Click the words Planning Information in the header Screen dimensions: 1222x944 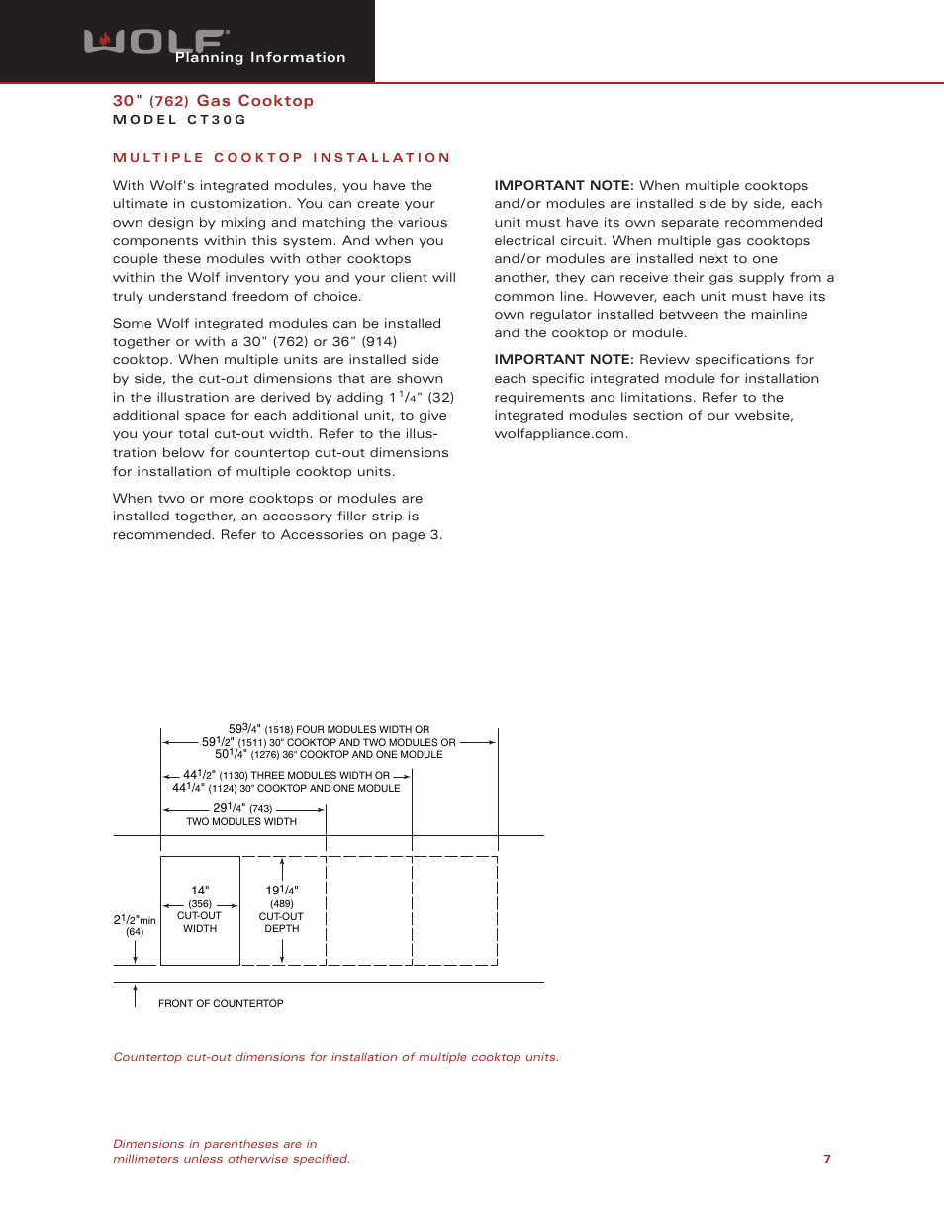point(260,58)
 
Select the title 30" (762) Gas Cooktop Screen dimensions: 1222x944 point(213,101)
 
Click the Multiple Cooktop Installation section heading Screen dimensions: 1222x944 point(281,158)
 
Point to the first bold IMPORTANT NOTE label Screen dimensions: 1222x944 point(563,186)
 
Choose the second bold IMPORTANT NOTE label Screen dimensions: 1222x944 point(563,360)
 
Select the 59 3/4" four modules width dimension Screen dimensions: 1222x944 point(329,729)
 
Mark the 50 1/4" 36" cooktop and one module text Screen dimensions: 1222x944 point(329,755)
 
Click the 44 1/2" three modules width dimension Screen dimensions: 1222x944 point(286,776)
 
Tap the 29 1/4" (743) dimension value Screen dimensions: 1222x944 point(242,808)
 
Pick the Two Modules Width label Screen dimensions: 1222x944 point(241,822)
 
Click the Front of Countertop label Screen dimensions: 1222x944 point(221,1004)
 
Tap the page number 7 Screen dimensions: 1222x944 point(827,1159)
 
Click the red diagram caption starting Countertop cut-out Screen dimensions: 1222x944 point(335,1057)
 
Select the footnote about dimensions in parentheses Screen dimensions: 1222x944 point(231,1151)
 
